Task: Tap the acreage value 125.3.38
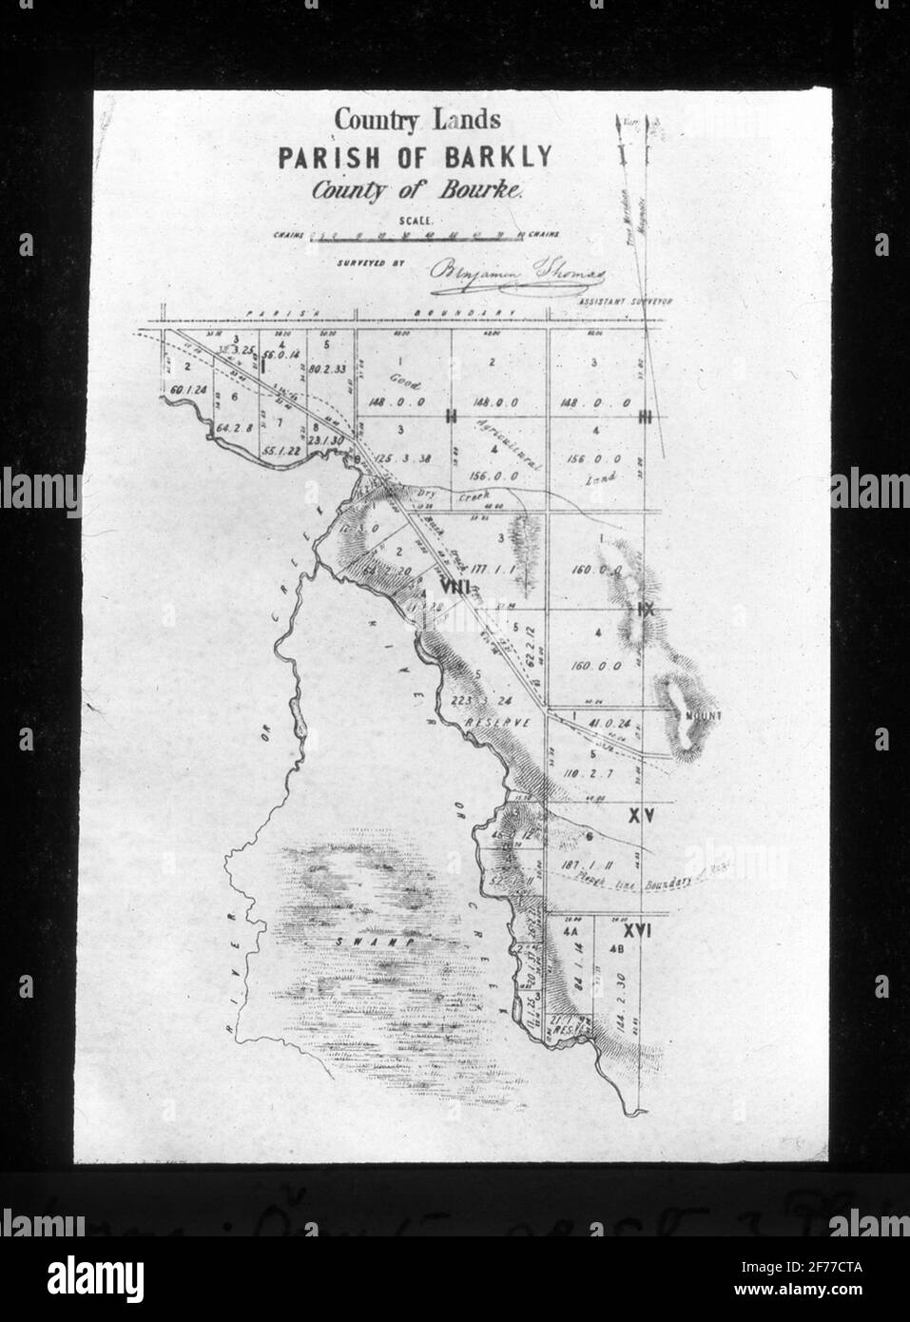click(x=404, y=458)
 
